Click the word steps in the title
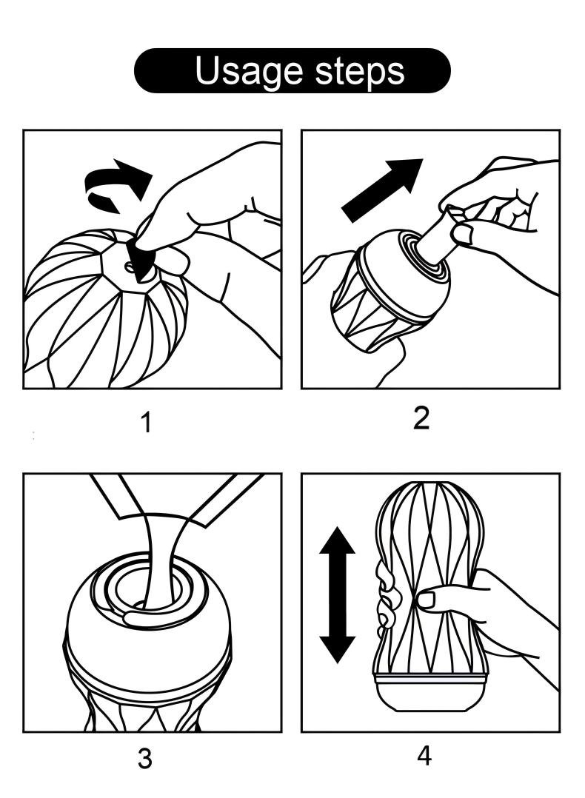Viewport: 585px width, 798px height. click(361, 71)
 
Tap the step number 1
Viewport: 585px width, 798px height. click(146, 423)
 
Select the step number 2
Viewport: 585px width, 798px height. click(421, 418)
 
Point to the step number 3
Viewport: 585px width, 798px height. click(145, 760)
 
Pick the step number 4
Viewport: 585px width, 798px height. click(424, 757)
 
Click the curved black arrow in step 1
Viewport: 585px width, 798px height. click(118, 187)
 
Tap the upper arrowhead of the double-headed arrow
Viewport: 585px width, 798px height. click(337, 542)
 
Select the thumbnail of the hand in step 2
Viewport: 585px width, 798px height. click(463, 235)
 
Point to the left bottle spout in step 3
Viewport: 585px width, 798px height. click(115, 496)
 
